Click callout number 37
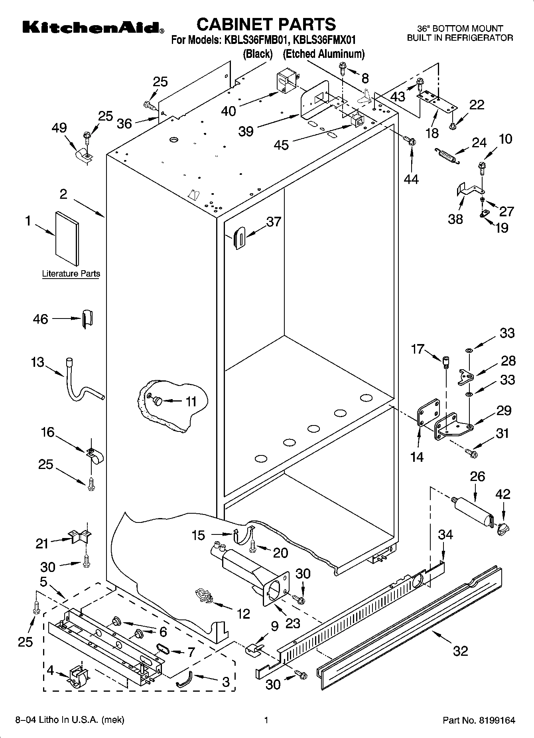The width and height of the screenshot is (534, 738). coord(274,222)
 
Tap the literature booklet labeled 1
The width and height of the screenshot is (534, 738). coord(67,238)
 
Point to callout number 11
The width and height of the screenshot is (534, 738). coord(191,401)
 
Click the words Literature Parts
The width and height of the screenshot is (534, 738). coord(71,274)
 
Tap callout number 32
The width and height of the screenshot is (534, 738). coord(460,651)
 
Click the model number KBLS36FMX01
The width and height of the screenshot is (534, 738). coord(324,40)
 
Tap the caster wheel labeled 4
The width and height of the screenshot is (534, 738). coord(78,677)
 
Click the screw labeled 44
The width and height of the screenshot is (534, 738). coord(410,140)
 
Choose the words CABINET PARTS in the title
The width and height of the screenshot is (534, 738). coord(266,24)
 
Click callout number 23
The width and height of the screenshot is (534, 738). coord(293,623)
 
